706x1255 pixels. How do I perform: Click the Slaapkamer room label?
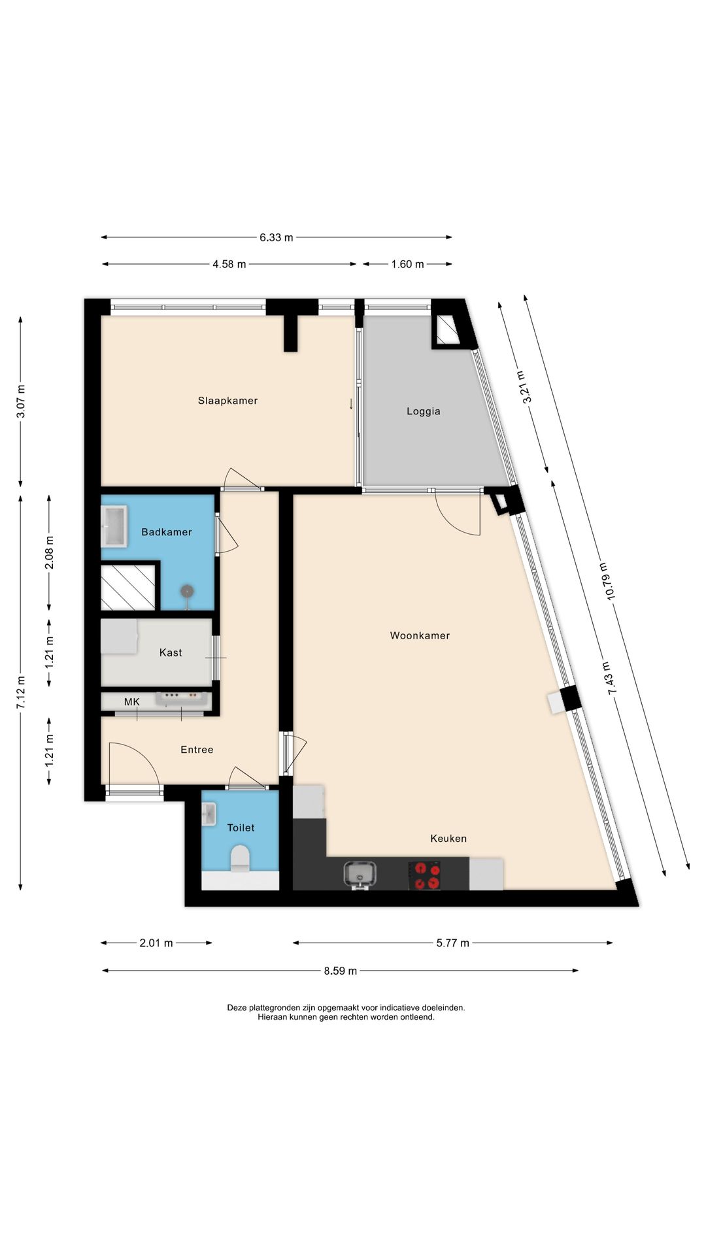click(227, 401)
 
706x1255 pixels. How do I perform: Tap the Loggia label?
click(423, 411)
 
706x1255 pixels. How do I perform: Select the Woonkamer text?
click(420, 635)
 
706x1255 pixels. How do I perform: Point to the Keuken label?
click(448, 839)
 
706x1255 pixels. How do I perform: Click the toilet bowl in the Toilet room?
click(240, 858)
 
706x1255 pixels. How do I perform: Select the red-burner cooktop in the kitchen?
click(424, 876)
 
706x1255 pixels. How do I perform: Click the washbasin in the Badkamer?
click(114, 526)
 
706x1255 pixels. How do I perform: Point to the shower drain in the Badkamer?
click(188, 592)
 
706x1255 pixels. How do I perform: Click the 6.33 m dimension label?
click(276, 237)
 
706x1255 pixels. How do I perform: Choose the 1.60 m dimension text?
click(407, 264)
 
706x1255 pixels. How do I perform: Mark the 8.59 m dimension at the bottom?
click(341, 971)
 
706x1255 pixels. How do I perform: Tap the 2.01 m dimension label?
click(156, 943)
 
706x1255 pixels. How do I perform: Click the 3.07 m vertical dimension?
click(21, 401)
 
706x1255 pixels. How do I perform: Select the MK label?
click(132, 702)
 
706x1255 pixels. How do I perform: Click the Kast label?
click(171, 652)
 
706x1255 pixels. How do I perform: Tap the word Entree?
click(197, 750)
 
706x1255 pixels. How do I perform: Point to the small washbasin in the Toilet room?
click(209, 814)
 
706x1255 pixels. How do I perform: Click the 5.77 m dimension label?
click(453, 943)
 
